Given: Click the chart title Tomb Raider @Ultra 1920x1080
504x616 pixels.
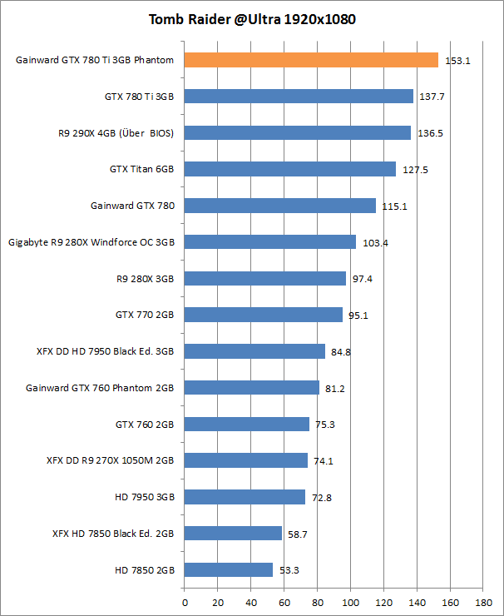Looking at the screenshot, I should [252, 18].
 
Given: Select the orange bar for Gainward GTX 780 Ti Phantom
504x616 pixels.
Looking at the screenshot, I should [311, 60].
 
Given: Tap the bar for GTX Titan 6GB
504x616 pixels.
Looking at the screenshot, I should [290, 169].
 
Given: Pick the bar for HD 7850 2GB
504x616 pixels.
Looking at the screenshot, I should [229, 569].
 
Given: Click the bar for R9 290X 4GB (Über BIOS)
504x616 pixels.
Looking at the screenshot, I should [298, 132].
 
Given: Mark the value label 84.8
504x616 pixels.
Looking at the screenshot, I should [341, 352].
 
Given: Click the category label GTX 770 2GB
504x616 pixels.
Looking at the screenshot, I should [145, 315].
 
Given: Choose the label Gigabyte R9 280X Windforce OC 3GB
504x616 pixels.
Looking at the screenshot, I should [91, 242].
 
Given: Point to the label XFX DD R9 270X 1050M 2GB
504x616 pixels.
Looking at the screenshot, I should [111, 460].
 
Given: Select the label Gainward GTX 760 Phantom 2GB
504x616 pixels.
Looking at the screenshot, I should [100, 387].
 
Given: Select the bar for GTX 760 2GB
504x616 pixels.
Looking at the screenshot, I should [247, 424].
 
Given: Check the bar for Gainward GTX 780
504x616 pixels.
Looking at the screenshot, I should [280, 206].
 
